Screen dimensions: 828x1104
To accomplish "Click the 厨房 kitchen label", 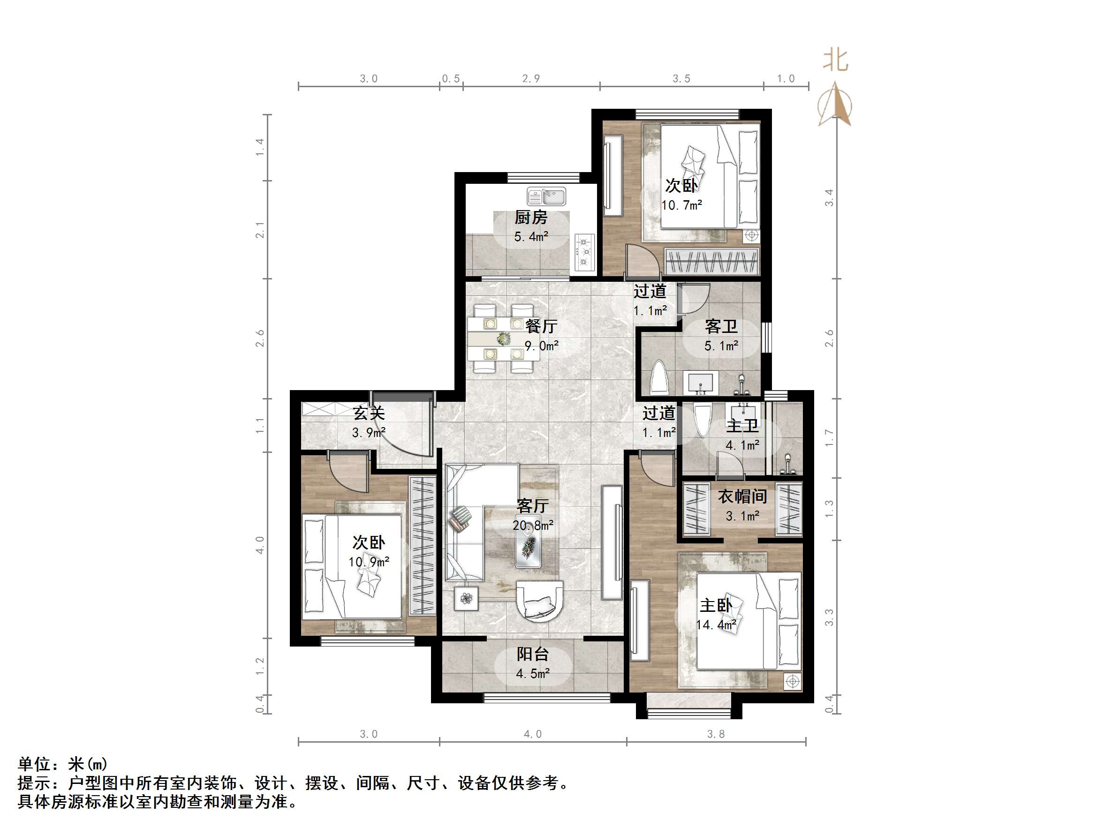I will (x=530, y=218).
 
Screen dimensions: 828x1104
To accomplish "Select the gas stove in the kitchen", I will (x=584, y=253).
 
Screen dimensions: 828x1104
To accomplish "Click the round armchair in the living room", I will (x=538, y=601).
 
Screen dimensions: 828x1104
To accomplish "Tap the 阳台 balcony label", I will (x=532, y=654).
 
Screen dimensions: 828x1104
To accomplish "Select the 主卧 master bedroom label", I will (x=715, y=605).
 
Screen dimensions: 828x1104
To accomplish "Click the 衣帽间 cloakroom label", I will (x=742, y=496).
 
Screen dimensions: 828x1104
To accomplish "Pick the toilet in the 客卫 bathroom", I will (x=659, y=378).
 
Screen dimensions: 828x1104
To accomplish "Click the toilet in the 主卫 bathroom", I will (x=702, y=421).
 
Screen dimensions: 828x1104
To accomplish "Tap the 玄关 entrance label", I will (x=369, y=413).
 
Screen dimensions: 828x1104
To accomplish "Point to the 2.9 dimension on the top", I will (x=531, y=78).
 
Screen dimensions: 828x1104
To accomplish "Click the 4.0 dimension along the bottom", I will (x=532, y=734).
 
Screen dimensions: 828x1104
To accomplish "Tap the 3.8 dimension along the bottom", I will (x=716, y=734).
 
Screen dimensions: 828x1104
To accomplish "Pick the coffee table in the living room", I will (x=528, y=547).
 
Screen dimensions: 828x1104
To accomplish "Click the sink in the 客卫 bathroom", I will (x=703, y=383).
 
